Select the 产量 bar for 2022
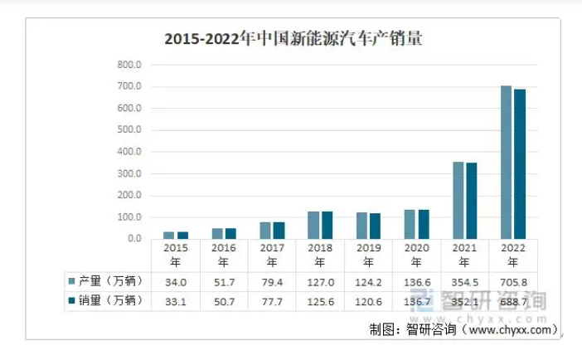point(506,162)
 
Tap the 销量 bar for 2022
point(520,163)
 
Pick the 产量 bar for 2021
point(458,200)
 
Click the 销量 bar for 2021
point(472,201)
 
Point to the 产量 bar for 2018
point(313,225)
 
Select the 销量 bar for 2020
point(424,224)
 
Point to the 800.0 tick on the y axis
point(129,65)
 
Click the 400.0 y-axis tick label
point(129,152)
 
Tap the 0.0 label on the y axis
point(134,239)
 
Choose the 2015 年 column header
point(176,254)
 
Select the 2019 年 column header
point(368,254)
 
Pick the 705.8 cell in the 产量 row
point(512,281)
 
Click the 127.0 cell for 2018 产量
point(320,281)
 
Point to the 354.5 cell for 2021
point(464,281)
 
